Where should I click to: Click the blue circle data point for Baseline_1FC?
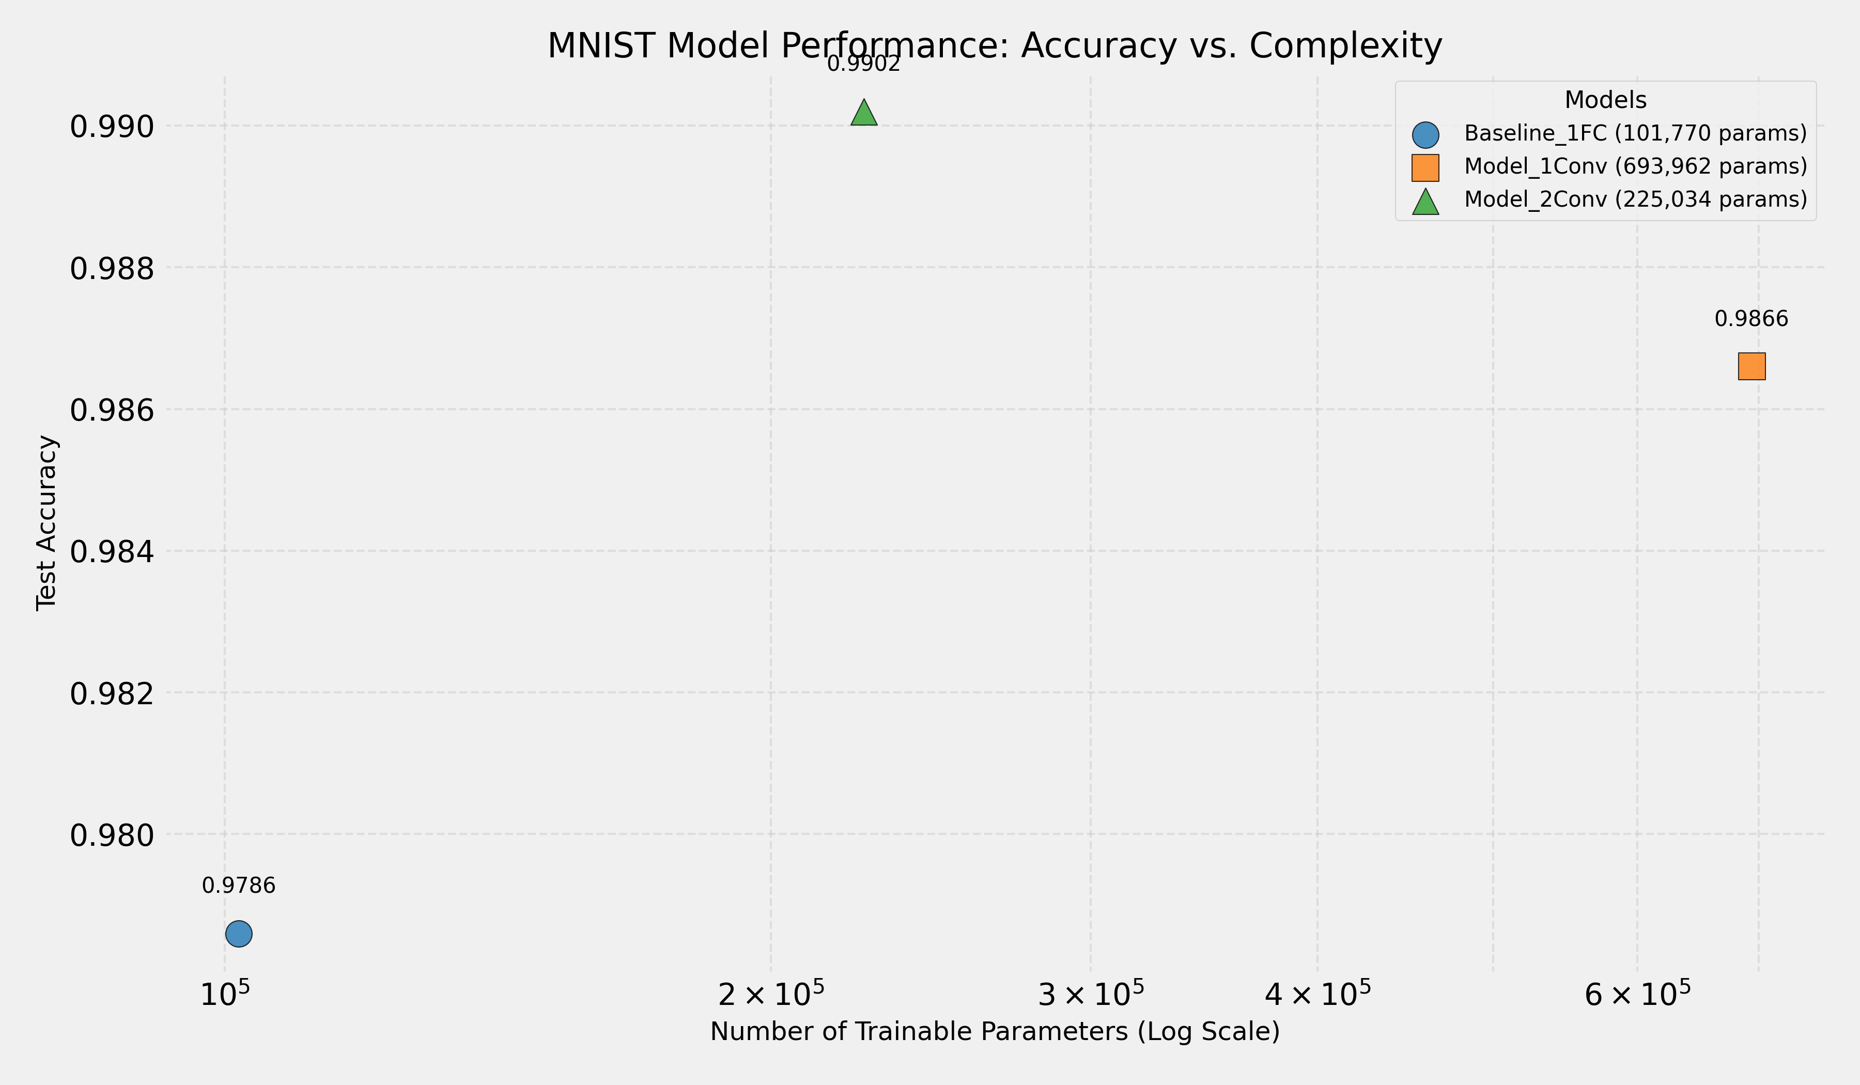pyautogui.click(x=238, y=934)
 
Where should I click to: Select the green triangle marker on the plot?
pyautogui.click(x=863, y=114)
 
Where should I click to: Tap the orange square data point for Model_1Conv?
pyautogui.click(x=1752, y=366)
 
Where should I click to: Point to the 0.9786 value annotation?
pyautogui.click(x=238, y=886)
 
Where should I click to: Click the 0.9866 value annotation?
pyautogui.click(x=1752, y=319)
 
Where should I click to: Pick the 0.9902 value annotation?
pyautogui.click(x=863, y=64)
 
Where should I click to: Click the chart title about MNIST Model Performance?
pyautogui.click(x=994, y=46)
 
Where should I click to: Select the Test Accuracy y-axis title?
pyautogui.click(x=47, y=522)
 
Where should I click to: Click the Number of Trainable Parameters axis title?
pyautogui.click(x=994, y=1031)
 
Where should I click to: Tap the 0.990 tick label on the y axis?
pyautogui.click(x=112, y=127)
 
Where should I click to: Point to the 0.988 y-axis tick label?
pyautogui.click(x=112, y=269)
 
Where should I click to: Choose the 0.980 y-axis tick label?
pyautogui.click(x=112, y=835)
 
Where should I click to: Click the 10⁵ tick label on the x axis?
pyautogui.click(x=224, y=994)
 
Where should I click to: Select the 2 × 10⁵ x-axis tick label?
pyautogui.click(x=770, y=994)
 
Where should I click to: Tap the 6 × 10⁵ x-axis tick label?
pyautogui.click(x=1637, y=994)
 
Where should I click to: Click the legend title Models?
pyautogui.click(x=1605, y=100)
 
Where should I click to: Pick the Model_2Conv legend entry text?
pyautogui.click(x=1635, y=199)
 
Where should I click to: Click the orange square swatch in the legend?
pyautogui.click(x=1425, y=167)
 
